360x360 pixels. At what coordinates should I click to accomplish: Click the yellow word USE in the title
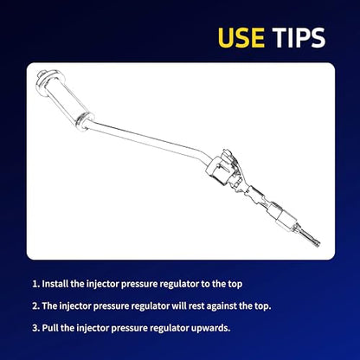[241, 37]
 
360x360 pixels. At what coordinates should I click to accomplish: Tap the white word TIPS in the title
[299, 37]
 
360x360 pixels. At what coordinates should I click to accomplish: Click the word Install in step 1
[55, 284]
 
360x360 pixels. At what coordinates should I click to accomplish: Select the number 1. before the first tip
[35, 284]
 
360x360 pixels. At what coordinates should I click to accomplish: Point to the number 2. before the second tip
[35, 305]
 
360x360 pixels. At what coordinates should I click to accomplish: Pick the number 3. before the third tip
[35, 328]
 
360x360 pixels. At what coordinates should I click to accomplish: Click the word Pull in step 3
[50, 328]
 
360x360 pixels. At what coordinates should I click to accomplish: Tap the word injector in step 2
[75, 306]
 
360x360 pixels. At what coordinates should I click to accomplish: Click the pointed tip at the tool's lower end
[318, 246]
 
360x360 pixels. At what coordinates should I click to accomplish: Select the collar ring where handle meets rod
[85, 120]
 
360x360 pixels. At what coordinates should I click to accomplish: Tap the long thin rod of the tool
[147, 138]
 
